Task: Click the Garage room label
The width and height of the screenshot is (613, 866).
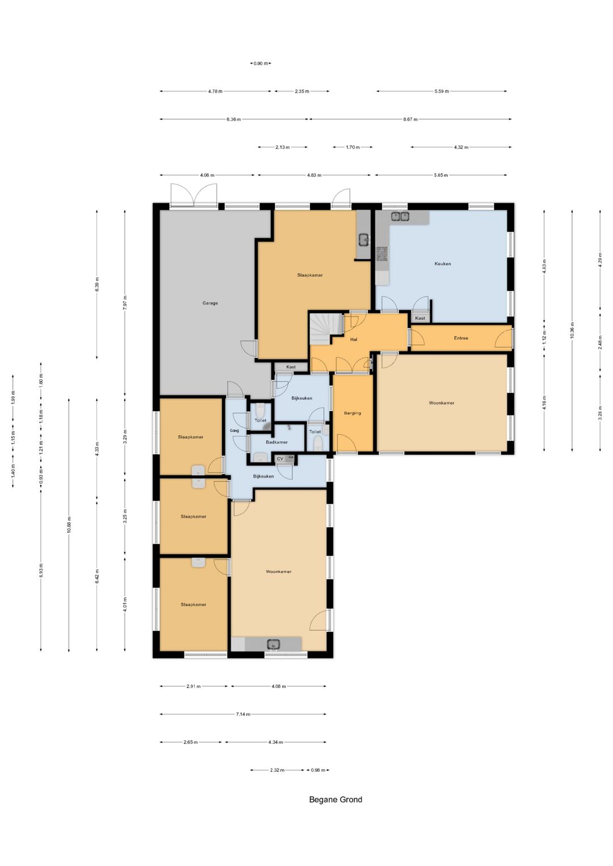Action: [x=210, y=303]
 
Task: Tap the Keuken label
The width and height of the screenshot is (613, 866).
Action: [x=443, y=264]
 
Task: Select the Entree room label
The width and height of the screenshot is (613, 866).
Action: [x=461, y=338]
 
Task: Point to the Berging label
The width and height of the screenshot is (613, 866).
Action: [x=352, y=413]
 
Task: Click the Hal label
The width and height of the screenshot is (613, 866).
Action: [x=354, y=340]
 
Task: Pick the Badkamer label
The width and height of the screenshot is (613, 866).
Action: [x=277, y=442]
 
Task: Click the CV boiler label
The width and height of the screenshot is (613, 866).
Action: [x=280, y=458]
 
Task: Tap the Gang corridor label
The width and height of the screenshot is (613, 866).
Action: [x=234, y=430]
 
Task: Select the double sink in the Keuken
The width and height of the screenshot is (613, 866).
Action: [x=400, y=217]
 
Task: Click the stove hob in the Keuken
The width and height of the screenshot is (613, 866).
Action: [x=383, y=254]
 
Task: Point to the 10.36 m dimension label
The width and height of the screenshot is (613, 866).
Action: [x=572, y=329]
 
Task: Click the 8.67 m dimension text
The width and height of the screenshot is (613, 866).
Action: [x=410, y=120]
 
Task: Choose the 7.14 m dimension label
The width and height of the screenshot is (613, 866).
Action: [x=243, y=714]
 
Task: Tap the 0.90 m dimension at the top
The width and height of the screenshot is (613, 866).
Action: [x=261, y=64]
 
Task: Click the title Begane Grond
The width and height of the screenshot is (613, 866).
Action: [x=335, y=800]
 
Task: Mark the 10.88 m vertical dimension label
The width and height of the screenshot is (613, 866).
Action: [x=69, y=525]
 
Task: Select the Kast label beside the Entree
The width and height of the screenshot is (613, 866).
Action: [x=420, y=318]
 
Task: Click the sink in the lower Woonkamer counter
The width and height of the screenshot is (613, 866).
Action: [x=274, y=644]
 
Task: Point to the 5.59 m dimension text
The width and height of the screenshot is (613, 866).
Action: [x=442, y=91]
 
